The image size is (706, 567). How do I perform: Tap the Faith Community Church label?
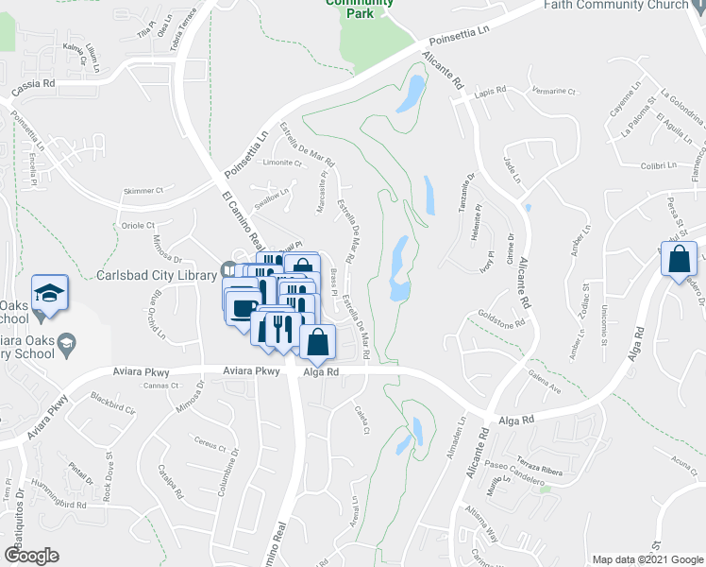(616, 6)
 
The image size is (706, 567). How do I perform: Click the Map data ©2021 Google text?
(647, 559)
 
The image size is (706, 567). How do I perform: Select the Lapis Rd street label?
(492, 91)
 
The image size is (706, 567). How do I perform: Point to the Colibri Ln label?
(659, 164)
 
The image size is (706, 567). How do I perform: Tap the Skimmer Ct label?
(143, 191)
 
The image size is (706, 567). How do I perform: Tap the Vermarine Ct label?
(554, 91)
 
